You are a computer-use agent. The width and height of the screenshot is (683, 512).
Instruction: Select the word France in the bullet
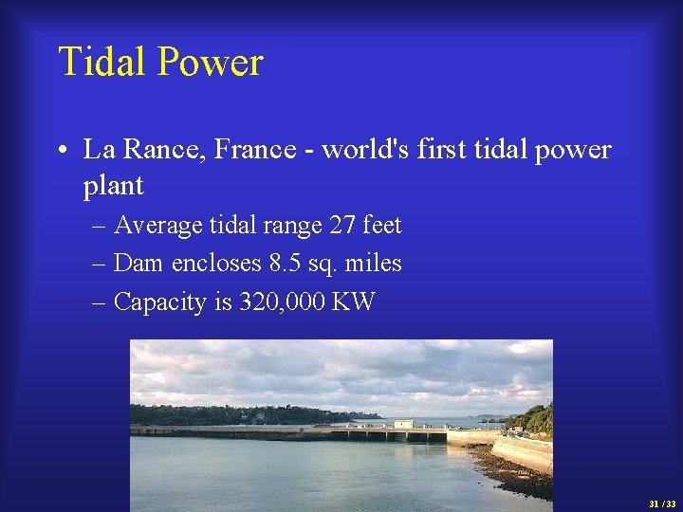[256, 150]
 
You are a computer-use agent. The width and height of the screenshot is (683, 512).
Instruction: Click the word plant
[113, 186]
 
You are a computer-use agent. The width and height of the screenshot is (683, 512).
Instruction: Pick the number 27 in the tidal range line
[342, 226]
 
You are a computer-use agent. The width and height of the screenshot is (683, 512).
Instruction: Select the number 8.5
[287, 264]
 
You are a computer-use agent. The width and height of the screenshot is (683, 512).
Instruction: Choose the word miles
[377, 264]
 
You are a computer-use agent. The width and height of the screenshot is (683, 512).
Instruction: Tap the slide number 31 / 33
[662, 504]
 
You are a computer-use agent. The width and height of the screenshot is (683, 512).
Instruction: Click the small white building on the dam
[403, 424]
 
